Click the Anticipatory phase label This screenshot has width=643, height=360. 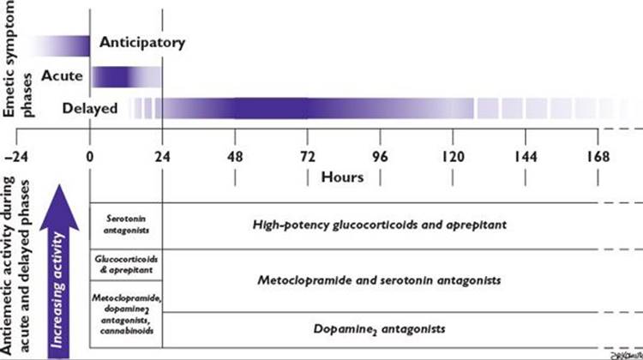click(x=141, y=42)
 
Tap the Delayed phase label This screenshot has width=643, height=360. click(x=90, y=109)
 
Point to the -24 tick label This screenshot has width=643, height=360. click(x=17, y=158)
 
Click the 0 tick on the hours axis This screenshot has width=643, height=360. click(x=90, y=158)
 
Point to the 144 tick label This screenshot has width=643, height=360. click(x=526, y=158)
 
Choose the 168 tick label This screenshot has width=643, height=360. click(x=598, y=158)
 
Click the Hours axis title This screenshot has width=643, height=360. click(x=343, y=177)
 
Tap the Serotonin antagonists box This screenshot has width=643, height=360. click(x=126, y=225)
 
